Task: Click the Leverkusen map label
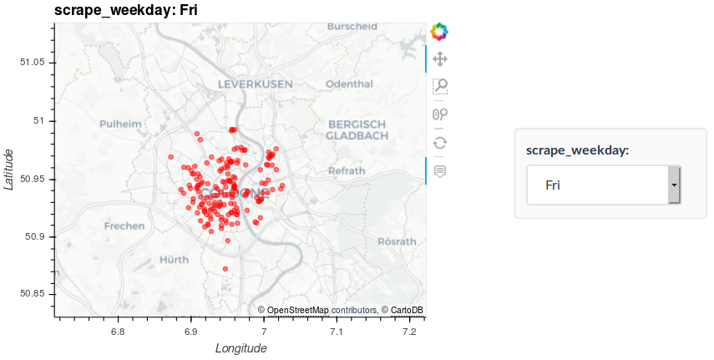click(255, 84)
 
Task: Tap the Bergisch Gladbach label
click(357, 129)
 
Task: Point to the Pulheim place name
click(120, 124)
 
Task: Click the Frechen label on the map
click(124, 226)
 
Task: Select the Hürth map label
click(174, 259)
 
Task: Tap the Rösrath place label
click(397, 241)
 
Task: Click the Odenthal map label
click(349, 84)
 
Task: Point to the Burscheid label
click(352, 27)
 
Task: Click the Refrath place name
click(347, 170)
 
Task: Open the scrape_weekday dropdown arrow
click(675, 185)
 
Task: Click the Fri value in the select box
click(553, 185)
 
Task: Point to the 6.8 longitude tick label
click(118, 332)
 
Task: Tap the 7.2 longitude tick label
click(409, 332)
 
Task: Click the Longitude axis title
click(241, 348)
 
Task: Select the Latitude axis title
click(9, 169)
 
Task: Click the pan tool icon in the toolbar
click(439, 58)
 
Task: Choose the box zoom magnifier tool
click(439, 86)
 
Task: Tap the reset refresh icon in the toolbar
click(439, 142)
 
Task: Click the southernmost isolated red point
click(225, 269)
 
